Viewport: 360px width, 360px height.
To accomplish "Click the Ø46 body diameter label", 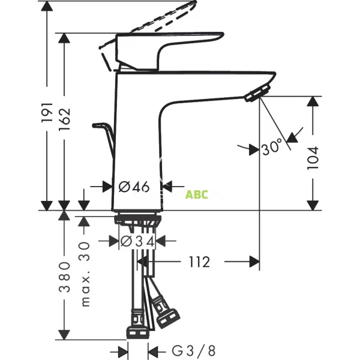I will [133, 187].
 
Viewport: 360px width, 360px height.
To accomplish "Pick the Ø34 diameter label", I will [137, 241].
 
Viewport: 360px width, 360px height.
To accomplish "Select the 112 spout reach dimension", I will [199, 262].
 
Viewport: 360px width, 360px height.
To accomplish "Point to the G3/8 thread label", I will [185, 350].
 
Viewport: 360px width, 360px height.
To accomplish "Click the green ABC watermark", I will [196, 194].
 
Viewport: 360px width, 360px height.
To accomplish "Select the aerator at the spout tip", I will [257, 92].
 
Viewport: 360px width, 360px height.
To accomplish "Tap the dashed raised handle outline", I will [162, 18].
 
